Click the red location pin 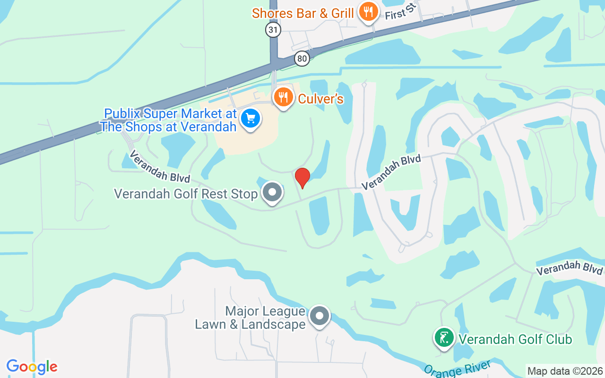click(302, 178)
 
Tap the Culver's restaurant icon click(283, 98)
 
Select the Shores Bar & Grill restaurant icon click(367, 12)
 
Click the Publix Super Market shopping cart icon click(251, 118)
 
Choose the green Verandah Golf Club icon click(444, 338)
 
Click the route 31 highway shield click(273, 30)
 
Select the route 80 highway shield click(302, 59)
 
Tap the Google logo click(32, 367)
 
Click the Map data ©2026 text click(565, 371)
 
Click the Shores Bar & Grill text click(302, 13)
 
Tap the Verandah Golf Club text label click(515, 339)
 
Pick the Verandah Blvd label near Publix click(159, 166)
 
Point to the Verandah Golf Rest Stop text click(186, 194)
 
